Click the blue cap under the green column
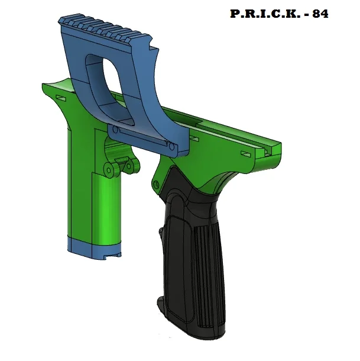[95, 249]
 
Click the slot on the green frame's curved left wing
[61, 95]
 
